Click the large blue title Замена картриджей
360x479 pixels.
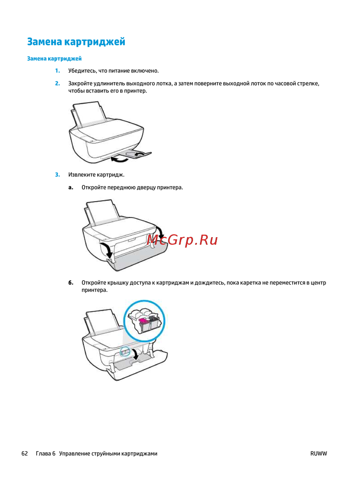point(76,42)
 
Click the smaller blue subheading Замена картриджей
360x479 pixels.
point(54,59)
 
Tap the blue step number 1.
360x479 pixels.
point(57,71)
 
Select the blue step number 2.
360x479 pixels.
point(57,83)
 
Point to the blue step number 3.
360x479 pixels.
point(57,175)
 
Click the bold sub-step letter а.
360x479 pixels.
point(71,187)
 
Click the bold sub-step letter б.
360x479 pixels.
point(71,283)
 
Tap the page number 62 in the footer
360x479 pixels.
point(25,453)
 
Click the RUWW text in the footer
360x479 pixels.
point(319,453)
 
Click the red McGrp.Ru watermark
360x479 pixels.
point(182,240)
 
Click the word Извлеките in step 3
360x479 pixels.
point(82,175)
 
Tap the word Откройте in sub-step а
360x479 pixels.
point(94,187)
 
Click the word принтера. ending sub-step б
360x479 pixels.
point(95,290)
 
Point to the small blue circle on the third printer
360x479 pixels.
point(125,351)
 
